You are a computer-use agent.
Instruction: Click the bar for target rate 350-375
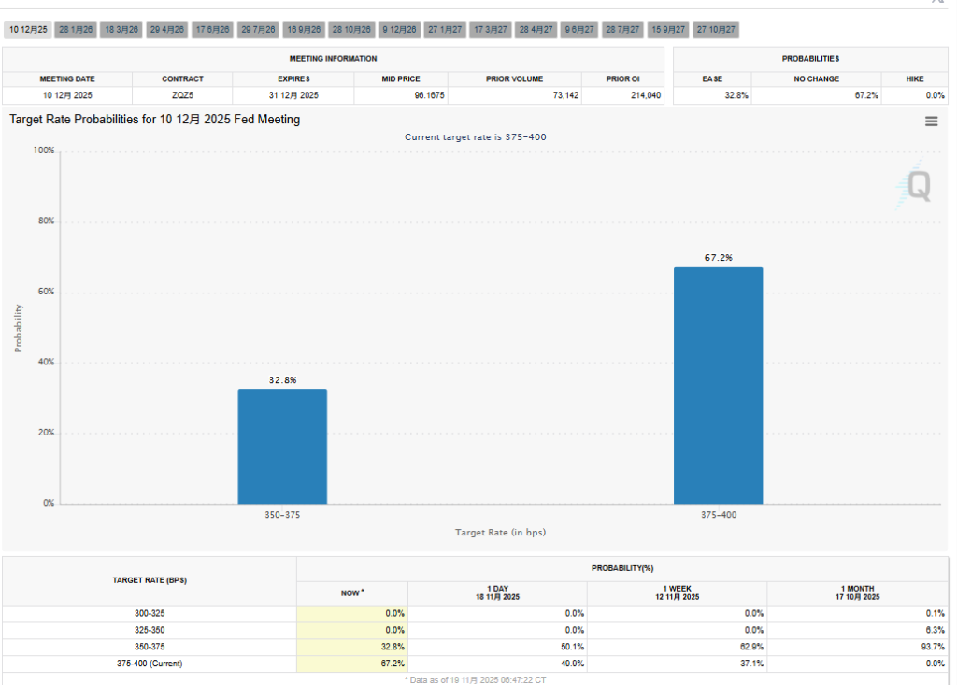point(282,446)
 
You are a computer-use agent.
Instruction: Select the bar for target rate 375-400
point(718,385)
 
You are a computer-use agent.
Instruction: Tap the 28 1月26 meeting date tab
point(76,30)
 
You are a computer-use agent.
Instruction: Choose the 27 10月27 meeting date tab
point(717,30)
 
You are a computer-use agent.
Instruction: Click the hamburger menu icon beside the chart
point(931,121)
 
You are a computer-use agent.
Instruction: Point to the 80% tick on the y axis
point(44,221)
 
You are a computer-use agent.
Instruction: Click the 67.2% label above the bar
point(718,258)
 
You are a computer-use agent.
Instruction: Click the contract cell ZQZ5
point(182,95)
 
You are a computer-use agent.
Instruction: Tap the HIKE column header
point(914,79)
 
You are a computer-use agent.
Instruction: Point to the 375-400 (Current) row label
point(150,664)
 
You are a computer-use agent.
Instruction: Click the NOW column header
point(352,592)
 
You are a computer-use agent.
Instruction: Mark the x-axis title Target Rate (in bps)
point(500,533)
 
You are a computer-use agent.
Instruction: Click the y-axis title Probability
point(18,327)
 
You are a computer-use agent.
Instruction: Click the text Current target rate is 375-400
point(475,137)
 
